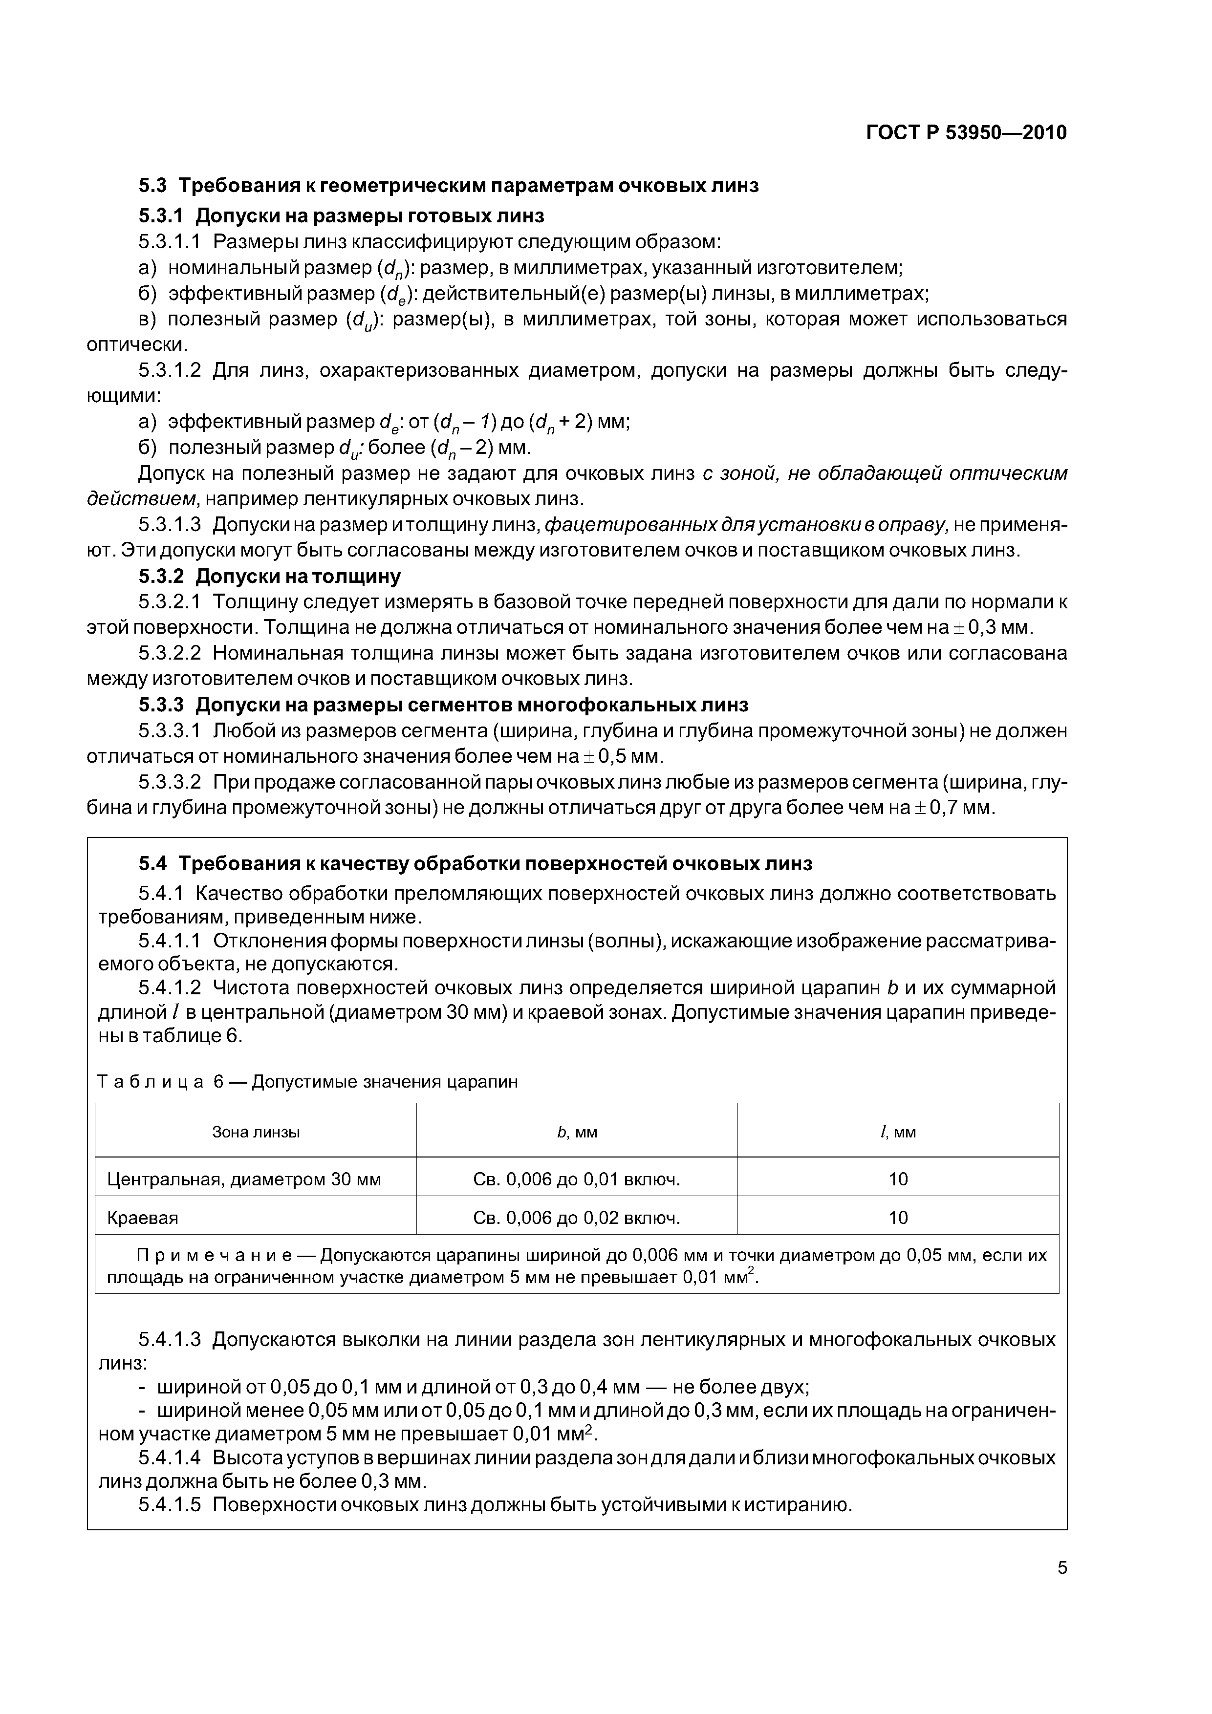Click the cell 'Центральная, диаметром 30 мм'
[244, 1179]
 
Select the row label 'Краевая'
[143, 1218]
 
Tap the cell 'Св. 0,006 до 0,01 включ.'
[577, 1179]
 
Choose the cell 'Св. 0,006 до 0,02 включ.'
[577, 1218]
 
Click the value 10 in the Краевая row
[898, 1218]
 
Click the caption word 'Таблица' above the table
[150, 1082]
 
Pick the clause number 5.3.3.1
[170, 731]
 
